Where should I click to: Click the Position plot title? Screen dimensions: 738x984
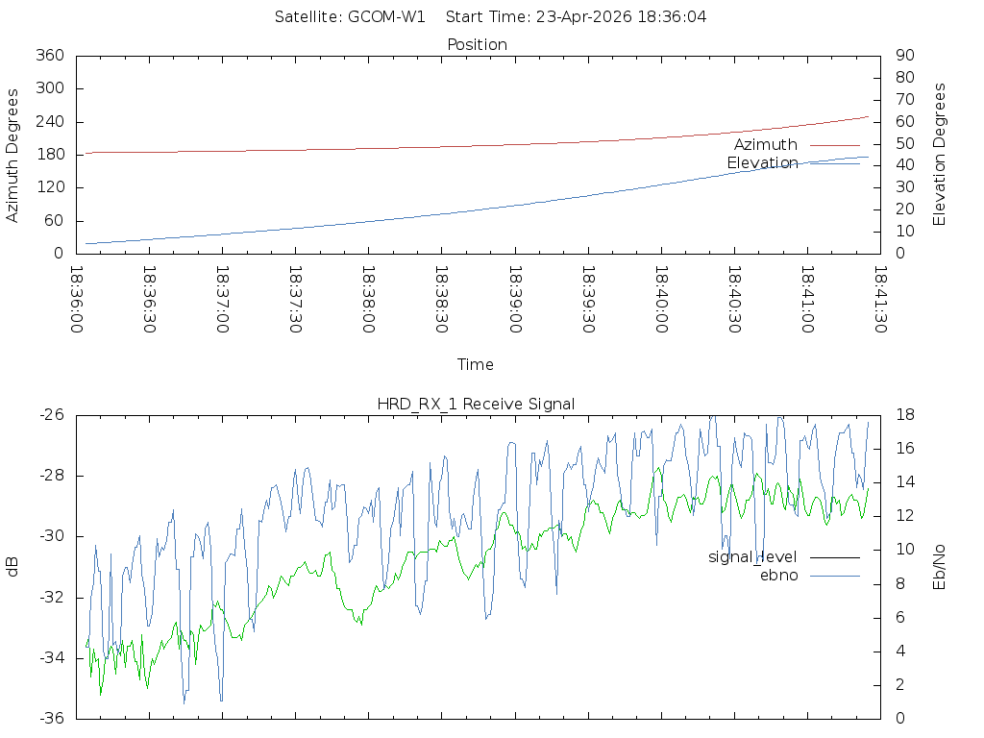pyautogui.click(x=477, y=44)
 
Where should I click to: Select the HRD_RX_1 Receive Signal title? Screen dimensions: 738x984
pyautogui.click(x=477, y=404)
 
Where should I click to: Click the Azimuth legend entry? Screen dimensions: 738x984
pyautogui.click(x=766, y=144)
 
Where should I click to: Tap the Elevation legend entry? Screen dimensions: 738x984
pyautogui.click(x=762, y=162)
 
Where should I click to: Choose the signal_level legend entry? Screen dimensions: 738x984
pyautogui.click(x=752, y=556)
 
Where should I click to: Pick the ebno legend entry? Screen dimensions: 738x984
pyautogui.click(x=779, y=575)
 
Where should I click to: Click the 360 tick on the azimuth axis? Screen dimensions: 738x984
pyautogui.click(x=49, y=56)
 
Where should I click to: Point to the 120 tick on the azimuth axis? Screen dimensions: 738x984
pyautogui.click(x=49, y=187)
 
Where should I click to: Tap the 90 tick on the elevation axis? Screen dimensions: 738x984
pyautogui.click(x=903, y=56)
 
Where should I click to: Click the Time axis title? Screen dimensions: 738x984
pyautogui.click(x=476, y=364)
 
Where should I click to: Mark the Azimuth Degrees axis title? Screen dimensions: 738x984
pyautogui.click(x=13, y=155)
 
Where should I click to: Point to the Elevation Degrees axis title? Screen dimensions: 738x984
pyautogui.click(x=940, y=154)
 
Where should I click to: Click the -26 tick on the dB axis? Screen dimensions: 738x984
pyautogui.click(x=52, y=415)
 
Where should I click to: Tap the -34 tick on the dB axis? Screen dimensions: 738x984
pyautogui.click(x=52, y=658)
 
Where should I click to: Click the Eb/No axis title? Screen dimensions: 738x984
pyautogui.click(x=940, y=566)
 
